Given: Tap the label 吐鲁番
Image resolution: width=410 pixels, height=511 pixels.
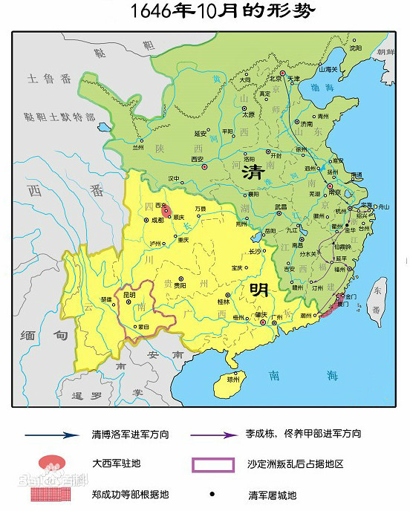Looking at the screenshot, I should tap(47, 78).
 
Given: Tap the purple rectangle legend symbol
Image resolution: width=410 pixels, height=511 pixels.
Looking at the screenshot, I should tap(213, 465).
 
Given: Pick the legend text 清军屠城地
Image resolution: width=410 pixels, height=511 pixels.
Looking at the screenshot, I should tap(274, 493).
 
